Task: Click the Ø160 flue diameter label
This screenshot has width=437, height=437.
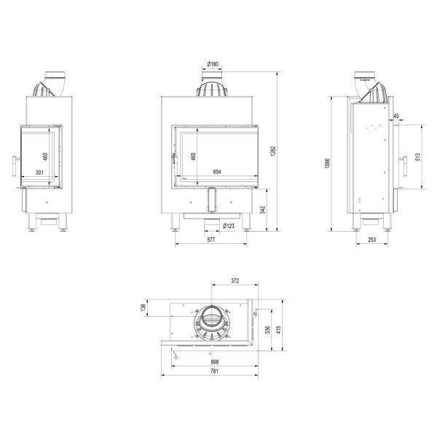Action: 213,65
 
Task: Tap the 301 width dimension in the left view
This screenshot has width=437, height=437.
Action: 41,173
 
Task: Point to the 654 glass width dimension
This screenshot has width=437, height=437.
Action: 217,173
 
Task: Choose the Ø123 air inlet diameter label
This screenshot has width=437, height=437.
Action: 228,225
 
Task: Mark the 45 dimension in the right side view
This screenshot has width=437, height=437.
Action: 395,116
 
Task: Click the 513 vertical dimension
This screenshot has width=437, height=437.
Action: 418,157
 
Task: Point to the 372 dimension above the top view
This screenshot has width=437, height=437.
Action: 234,280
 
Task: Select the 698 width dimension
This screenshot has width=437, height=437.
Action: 215,361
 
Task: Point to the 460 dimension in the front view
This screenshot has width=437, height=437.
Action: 193,155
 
